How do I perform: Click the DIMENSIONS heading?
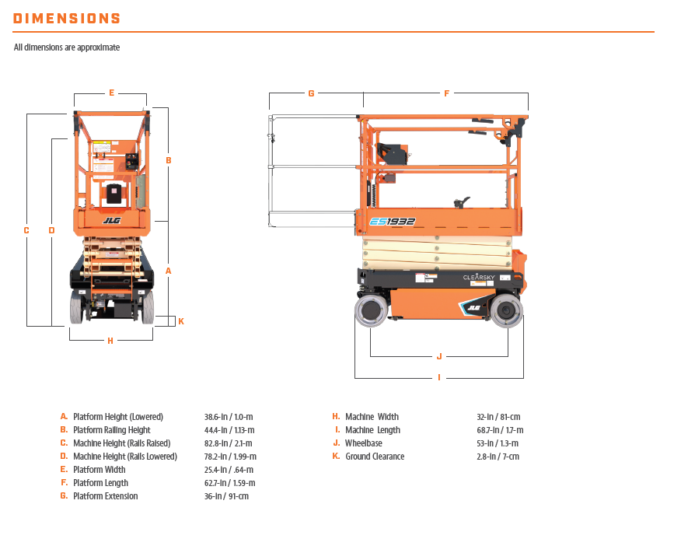(x=67, y=19)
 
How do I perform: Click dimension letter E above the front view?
(x=111, y=93)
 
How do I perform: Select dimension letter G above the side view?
(x=311, y=93)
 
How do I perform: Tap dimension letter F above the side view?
(x=446, y=93)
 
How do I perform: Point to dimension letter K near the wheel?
(x=181, y=321)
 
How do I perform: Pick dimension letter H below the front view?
(x=110, y=341)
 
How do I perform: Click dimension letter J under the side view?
(x=439, y=356)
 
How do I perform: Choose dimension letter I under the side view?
(x=439, y=378)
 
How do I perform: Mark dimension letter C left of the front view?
(x=26, y=230)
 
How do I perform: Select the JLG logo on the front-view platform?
(x=112, y=221)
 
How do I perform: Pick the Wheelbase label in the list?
(x=363, y=443)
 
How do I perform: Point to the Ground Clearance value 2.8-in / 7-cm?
(x=498, y=457)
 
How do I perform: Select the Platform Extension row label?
(x=105, y=496)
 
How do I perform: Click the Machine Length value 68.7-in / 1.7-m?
(x=500, y=430)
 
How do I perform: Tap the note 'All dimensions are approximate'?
(x=67, y=47)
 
